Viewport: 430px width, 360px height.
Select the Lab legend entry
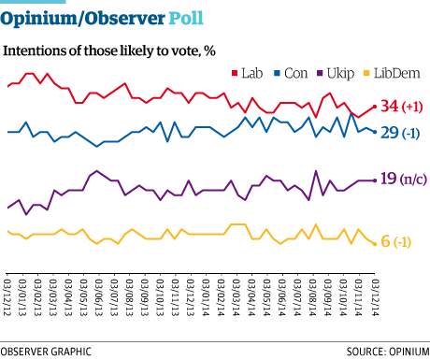[x=246, y=71]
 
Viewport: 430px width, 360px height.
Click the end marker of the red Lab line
[x=376, y=107]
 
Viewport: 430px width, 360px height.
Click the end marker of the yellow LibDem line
[x=376, y=242]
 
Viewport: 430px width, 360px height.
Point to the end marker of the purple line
[x=376, y=180]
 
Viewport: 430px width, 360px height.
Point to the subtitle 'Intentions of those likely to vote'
[x=112, y=50]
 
